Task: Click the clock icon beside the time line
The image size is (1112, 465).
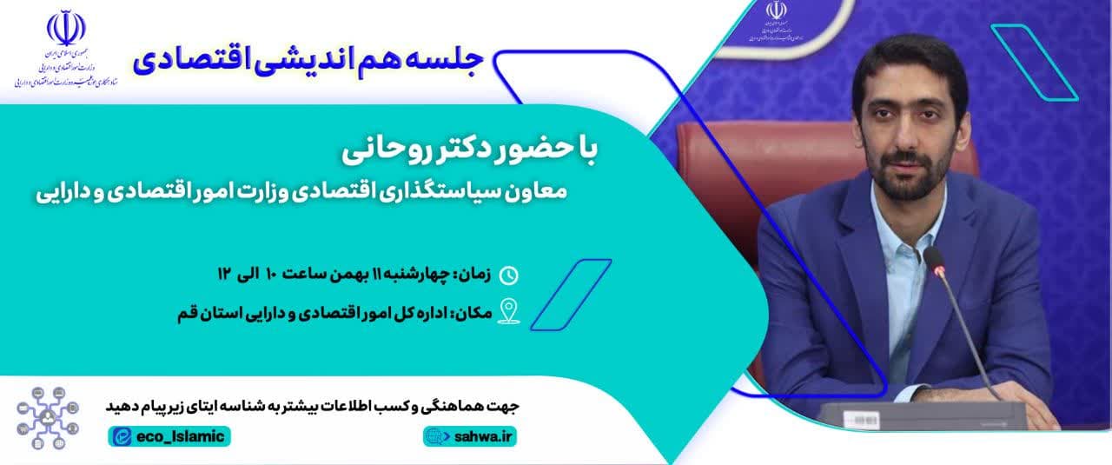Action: pos(509,276)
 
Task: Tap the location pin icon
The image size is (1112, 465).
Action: pos(508,311)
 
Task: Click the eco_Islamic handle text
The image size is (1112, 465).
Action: pos(179,436)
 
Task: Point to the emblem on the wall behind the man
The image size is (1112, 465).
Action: pos(775,10)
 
